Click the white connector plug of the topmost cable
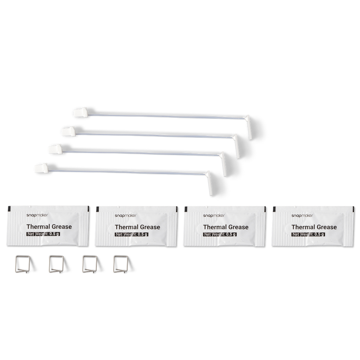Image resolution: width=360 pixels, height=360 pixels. (80, 112)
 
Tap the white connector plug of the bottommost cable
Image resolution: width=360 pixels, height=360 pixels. (41, 168)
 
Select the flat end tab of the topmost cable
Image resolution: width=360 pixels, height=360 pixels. (249, 128)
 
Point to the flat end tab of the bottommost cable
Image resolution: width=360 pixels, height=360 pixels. (209, 183)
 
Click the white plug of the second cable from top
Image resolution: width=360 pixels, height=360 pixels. (68, 131)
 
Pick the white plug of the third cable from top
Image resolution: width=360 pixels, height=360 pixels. (55, 149)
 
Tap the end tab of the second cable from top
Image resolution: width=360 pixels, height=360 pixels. (236, 146)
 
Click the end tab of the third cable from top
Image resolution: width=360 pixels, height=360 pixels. (223, 164)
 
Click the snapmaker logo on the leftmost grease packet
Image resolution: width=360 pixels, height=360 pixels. (37, 215)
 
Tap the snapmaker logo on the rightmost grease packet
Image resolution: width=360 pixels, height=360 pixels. (302, 215)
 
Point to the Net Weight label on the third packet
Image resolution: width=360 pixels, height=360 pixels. (220, 234)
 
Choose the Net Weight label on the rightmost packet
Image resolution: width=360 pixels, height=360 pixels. (308, 234)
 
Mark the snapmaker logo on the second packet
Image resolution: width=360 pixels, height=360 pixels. (126, 215)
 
